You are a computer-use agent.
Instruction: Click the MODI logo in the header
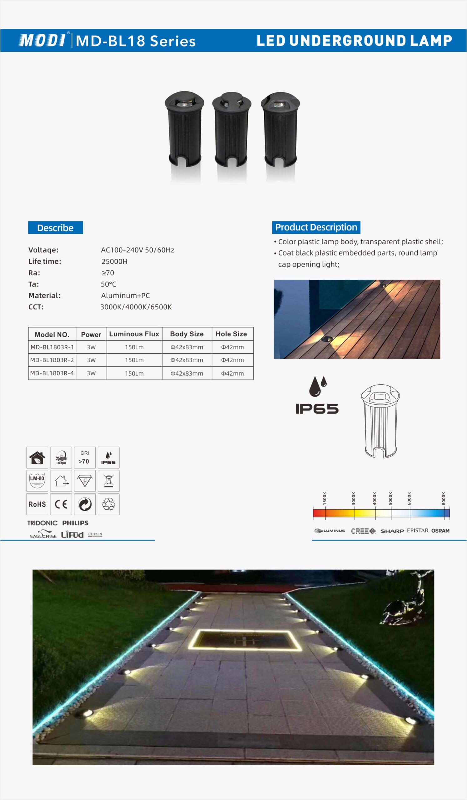click(x=42, y=41)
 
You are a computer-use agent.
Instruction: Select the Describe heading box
click(x=56, y=227)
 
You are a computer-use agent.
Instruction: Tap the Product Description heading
click(x=316, y=227)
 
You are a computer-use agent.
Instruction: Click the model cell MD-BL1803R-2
click(x=52, y=360)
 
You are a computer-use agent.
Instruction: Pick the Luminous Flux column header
click(x=134, y=334)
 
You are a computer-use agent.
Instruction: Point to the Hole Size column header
click(x=231, y=334)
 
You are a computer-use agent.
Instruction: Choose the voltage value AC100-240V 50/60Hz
click(x=138, y=250)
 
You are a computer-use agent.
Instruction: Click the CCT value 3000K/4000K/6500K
click(x=136, y=307)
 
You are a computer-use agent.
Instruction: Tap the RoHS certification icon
click(x=37, y=504)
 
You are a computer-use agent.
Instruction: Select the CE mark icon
click(x=61, y=504)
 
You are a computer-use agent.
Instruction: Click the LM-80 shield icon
click(x=37, y=481)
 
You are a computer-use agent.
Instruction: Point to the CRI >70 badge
click(x=85, y=457)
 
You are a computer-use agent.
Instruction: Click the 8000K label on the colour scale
click(x=444, y=498)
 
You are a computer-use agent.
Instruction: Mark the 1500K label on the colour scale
click(x=325, y=498)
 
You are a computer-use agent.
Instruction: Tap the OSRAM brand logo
click(x=440, y=531)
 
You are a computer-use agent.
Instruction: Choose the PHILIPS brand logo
click(x=75, y=523)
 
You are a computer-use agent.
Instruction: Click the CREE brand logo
click(x=363, y=531)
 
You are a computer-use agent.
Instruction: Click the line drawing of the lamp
click(x=380, y=421)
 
